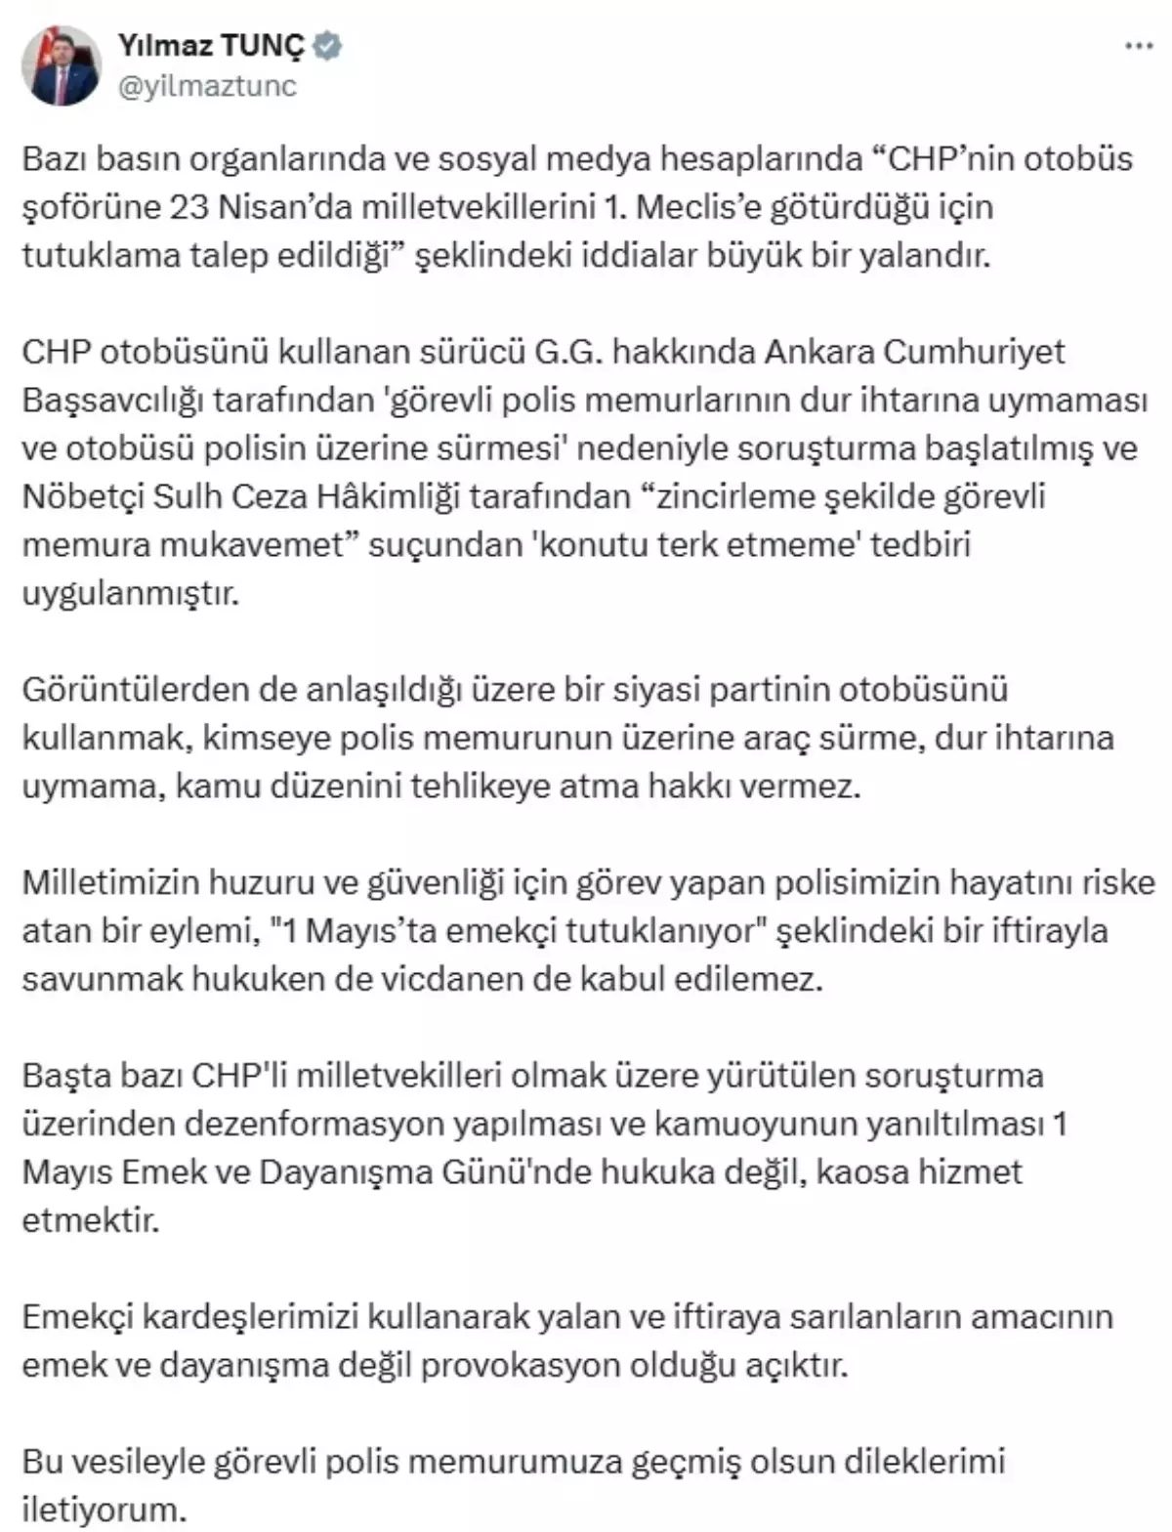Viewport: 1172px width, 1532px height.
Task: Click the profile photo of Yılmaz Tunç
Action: click(62, 65)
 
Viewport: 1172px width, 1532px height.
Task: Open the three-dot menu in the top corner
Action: click(1139, 47)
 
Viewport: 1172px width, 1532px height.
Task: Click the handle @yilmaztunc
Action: click(207, 86)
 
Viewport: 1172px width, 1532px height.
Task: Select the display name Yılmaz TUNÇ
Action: click(211, 44)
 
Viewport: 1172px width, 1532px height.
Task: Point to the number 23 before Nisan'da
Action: click(191, 207)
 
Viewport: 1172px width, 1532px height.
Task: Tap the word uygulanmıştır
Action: click(130, 593)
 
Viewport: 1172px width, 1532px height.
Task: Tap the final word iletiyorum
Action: click(103, 1510)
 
